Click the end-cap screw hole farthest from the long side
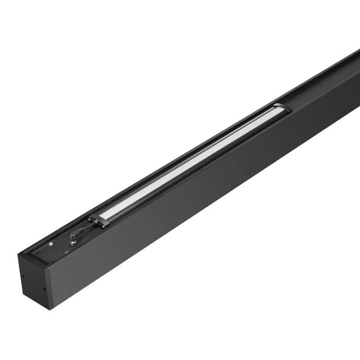[22, 275]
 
